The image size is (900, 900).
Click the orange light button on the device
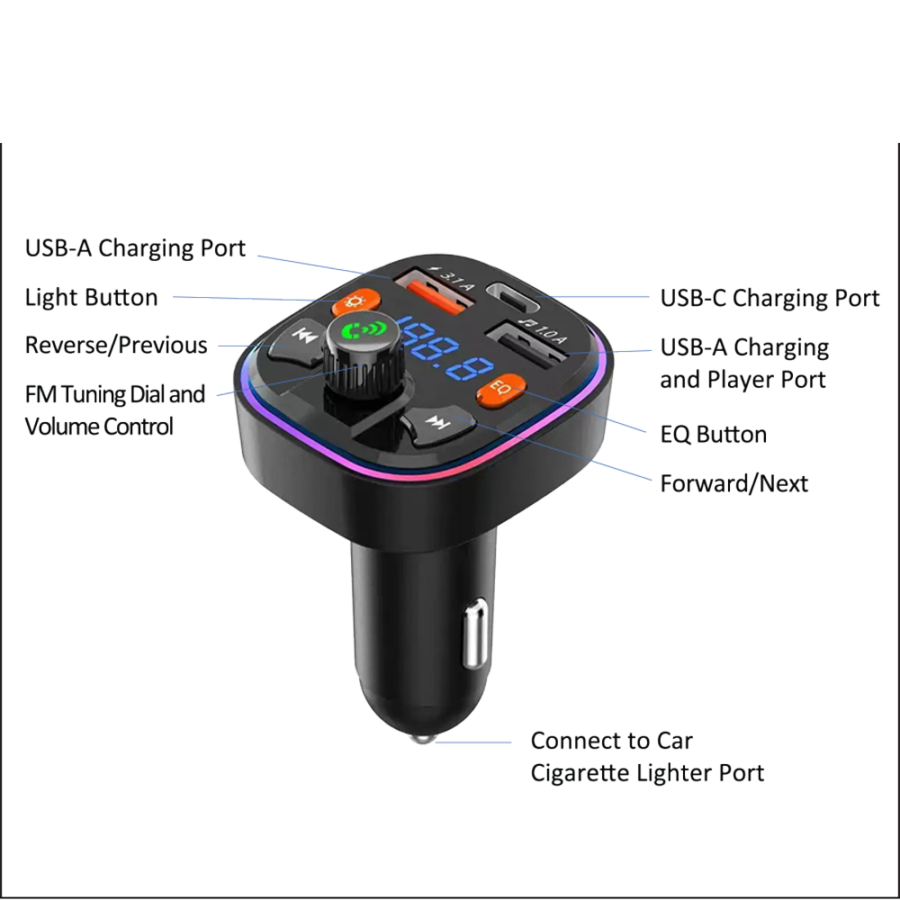(356, 301)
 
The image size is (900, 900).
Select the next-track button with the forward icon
(437, 426)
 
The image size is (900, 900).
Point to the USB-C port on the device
(513, 294)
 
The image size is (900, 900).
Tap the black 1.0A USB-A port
(526, 346)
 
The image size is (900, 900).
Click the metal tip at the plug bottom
(423, 738)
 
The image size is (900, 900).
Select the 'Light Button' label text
(91, 297)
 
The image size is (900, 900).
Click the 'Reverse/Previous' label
(116, 346)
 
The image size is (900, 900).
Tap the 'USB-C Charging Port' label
(769, 299)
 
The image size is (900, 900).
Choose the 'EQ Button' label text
(714, 435)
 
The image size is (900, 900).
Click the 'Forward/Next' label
(734, 484)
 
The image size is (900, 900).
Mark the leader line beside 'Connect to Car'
(473, 742)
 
